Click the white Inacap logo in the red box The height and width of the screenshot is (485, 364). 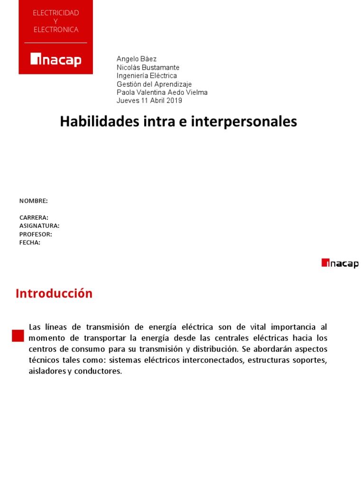[56, 60]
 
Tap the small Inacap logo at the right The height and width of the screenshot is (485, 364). [340, 263]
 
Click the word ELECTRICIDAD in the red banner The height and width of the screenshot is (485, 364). [56, 13]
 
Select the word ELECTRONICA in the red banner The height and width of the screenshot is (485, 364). [56, 29]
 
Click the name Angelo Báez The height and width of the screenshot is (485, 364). [136, 59]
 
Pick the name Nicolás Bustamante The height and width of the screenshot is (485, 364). [148, 67]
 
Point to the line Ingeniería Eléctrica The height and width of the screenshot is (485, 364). [146, 75]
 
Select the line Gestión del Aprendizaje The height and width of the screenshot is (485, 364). [154, 84]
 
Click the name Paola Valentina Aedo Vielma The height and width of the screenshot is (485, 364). [162, 92]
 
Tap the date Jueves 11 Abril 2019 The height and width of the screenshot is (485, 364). [149, 100]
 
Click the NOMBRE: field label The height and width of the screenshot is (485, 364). [33, 201]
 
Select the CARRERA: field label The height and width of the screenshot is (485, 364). [34, 217]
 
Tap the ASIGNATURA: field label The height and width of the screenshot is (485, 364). [39, 226]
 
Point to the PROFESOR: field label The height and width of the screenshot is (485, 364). [36, 234]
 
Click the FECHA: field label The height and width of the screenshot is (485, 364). [30, 242]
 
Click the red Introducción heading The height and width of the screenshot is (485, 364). [54, 294]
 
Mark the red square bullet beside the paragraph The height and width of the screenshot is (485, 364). [18, 335]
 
